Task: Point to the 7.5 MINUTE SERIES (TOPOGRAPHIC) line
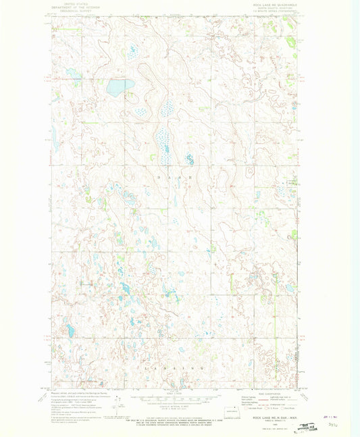pos(272,14)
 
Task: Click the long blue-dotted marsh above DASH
pos(162,138)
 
